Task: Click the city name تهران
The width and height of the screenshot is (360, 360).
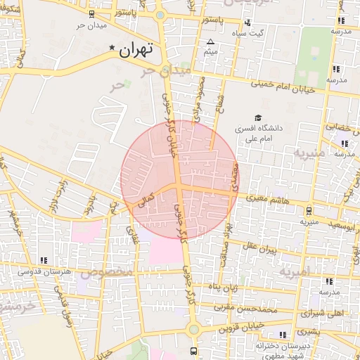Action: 136,50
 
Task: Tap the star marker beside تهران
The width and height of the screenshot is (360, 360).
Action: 112,48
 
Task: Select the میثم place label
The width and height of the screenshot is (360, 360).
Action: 210,53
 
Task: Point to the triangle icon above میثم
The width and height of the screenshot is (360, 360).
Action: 210,43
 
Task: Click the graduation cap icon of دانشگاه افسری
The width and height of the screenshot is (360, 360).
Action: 257,118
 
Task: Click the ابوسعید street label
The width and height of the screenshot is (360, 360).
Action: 340,226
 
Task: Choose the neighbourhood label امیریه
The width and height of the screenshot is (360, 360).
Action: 295,271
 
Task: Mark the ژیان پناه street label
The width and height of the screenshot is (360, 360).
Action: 224,287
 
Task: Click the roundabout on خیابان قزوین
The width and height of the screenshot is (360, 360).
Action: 193,329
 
